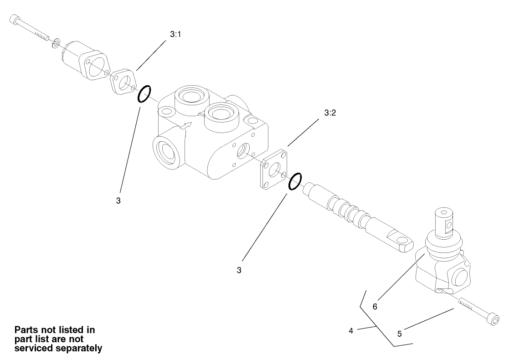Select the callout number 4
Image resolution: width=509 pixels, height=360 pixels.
tap(351, 331)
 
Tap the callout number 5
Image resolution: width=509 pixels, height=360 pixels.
tap(399, 333)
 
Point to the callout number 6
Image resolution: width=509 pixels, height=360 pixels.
tap(375, 307)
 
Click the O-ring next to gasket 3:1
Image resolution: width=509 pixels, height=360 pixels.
tap(144, 94)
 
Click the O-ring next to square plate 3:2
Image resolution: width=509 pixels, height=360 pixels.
tap(295, 181)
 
